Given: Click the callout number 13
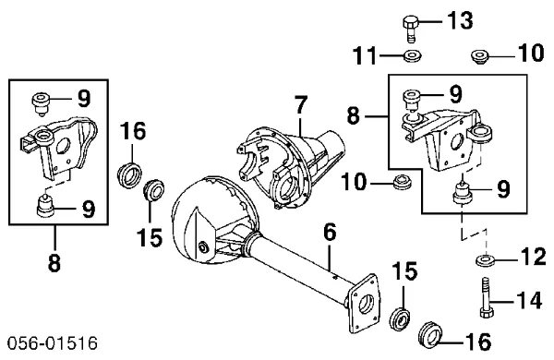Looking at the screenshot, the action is tap(460, 21).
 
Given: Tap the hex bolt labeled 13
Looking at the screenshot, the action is tap(410, 29).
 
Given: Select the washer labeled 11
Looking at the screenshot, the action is tap(412, 55).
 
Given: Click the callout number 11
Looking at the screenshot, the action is tap(366, 55).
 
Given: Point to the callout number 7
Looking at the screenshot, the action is tap(300, 105).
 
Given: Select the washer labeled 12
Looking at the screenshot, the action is tap(485, 260).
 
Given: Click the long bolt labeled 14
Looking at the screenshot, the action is tap(487, 297).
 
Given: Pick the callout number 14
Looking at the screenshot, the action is tap(528, 301).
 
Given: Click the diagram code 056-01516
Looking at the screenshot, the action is tap(53, 343).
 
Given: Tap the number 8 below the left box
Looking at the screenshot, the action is tap(54, 263).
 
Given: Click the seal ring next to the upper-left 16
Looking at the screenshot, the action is tap(129, 174).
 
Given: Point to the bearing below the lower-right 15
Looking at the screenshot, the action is tap(401, 319).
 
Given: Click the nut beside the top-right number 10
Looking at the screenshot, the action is tap(479, 57).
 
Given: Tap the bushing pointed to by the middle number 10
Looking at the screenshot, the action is tap(403, 181).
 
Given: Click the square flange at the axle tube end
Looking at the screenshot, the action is tap(364, 304).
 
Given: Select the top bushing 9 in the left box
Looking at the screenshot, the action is tap(41, 103).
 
